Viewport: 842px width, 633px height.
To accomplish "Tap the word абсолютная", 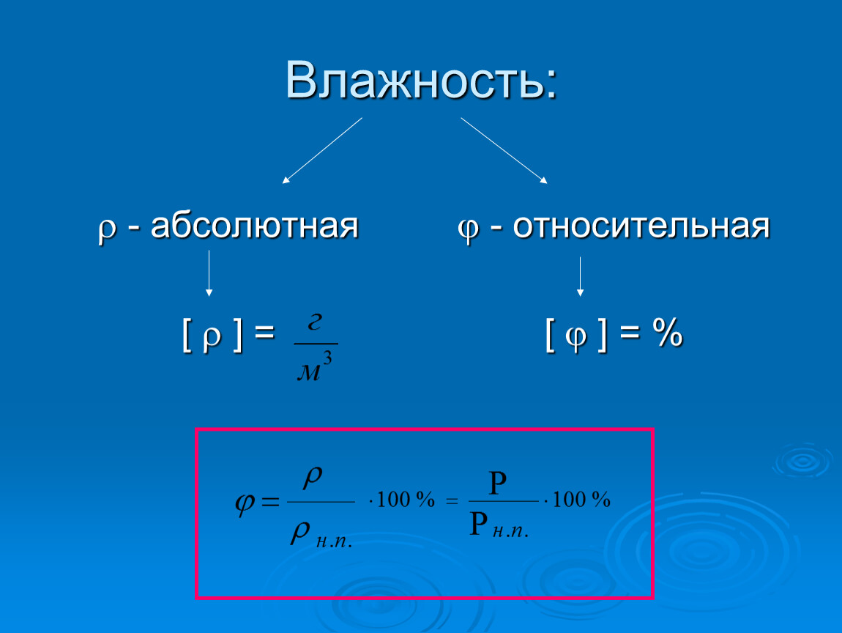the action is (254, 226).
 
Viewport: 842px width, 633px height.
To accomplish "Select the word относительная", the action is (641, 226).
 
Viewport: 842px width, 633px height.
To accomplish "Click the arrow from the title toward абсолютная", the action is (322, 150).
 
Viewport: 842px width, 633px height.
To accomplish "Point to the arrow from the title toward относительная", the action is (504, 150).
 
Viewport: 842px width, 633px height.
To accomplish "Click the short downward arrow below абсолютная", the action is (209, 273).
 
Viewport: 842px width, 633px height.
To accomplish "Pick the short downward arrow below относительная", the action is (580, 276).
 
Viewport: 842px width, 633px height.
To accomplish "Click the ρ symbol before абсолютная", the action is (108, 230).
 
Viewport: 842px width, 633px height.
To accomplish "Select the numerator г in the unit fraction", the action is (316, 322).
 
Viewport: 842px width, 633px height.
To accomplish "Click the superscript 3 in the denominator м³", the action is (327, 358).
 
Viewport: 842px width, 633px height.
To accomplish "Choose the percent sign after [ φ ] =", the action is (668, 332).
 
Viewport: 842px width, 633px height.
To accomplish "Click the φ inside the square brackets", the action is (576, 338).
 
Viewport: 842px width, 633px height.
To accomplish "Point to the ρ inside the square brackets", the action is (212, 338).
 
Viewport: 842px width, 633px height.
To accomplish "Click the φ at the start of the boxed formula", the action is (245, 503).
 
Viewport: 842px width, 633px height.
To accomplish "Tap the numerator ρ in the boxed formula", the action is (313, 477).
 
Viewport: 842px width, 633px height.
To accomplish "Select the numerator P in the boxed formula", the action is (497, 483).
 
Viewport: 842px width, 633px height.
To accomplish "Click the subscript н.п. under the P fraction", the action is (510, 532).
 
